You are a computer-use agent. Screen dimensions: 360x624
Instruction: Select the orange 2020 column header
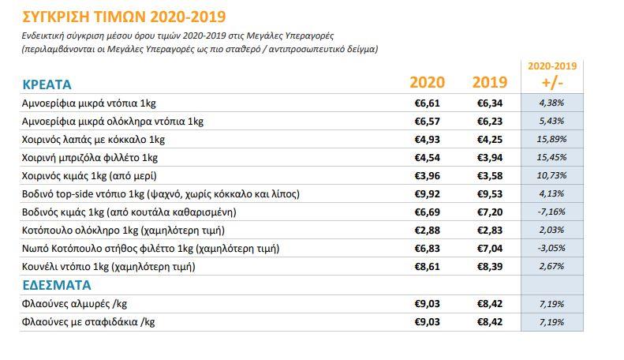(x=427, y=83)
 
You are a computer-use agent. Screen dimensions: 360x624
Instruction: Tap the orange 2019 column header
(x=489, y=83)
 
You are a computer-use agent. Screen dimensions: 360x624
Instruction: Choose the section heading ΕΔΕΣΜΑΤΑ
(x=57, y=285)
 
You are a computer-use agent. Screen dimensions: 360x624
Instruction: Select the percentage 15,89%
(x=551, y=139)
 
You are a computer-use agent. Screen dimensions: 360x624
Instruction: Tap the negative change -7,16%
(x=551, y=212)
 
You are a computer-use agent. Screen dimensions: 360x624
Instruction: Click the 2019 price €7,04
(x=489, y=248)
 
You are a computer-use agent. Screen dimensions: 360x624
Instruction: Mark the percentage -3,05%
(x=551, y=248)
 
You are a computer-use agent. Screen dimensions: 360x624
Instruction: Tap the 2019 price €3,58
(x=489, y=175)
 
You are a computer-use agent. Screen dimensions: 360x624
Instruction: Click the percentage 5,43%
(x=551, y=121)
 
